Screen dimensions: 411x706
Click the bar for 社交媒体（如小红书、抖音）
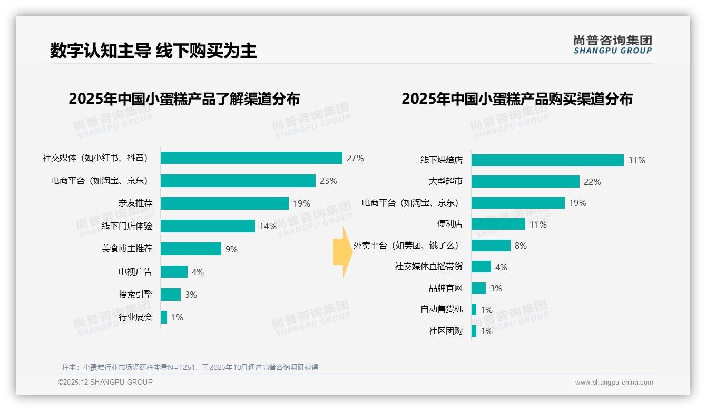[251, 158]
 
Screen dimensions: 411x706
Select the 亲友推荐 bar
[224, 203]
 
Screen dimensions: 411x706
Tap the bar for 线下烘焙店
[547, 160]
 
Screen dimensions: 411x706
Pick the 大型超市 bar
[525, 182]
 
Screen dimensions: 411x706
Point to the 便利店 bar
[498, 224]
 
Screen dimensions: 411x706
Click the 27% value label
[355, 158]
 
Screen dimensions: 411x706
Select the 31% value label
[636, 160]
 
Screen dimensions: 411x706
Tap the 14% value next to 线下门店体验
[268, 226]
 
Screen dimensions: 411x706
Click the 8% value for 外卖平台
[521, 246]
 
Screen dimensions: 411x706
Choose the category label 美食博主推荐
[127, 249]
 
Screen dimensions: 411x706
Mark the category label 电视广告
[135, 272]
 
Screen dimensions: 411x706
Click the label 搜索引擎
[135, 295]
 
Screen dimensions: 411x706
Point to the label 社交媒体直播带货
[429, 267]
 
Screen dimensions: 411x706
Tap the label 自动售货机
[442, 309]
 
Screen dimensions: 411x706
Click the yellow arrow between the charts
[342, 252]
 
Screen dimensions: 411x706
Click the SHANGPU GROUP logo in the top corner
[613, 45]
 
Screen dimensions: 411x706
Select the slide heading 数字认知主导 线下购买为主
[153, 51]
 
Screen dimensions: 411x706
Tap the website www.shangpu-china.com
[614, 383]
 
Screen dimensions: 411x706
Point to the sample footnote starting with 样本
[190, 367]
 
